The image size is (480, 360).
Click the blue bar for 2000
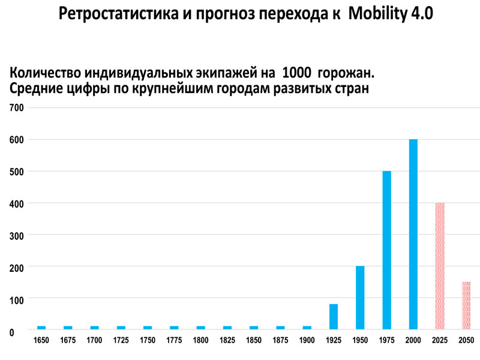(413, 235)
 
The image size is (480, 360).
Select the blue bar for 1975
(386, 250)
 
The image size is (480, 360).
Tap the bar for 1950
(360, 298)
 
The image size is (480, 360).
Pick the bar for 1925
(334, 317)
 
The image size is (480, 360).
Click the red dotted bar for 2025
(440, 266)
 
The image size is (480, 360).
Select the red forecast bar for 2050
(466, 305)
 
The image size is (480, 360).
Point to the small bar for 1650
(41, 328)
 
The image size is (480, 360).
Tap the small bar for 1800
(200, 328)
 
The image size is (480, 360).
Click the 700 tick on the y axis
(16, 108)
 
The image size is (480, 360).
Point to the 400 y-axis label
(16, 203)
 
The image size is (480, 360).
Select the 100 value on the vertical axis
(16, 299)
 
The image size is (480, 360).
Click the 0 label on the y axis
(12, 331)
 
